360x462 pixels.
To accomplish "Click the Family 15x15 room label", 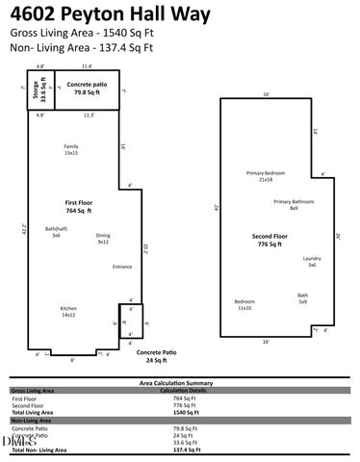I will click(x=71, y=149).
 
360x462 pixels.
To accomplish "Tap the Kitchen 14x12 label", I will click(x=68, y=312).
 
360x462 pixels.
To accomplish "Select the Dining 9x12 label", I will click(x=103, y=239).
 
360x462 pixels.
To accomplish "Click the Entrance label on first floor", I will click(x=122, y=267).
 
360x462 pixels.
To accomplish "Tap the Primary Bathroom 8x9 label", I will click(x=294, y=204).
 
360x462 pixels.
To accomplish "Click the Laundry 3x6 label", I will click(x=312, y=261).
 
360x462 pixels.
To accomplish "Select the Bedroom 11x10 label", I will click(x=244, y=304).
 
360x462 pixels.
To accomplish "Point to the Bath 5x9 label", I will click(x=302, y=297).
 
